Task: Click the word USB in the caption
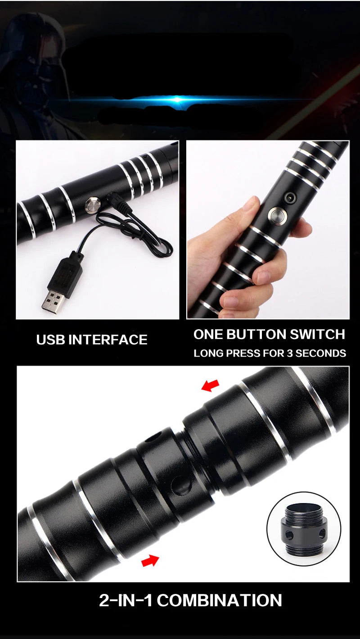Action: coord(51,340)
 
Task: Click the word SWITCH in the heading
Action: coord(319,334)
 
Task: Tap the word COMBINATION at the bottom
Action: coord(220,600)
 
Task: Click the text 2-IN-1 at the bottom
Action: coord(126,600)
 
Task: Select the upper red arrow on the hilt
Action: coord(210,385)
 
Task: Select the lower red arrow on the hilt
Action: coord(150,561)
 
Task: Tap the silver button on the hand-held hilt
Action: coord(275,215)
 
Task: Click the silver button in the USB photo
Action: coord(94,205)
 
